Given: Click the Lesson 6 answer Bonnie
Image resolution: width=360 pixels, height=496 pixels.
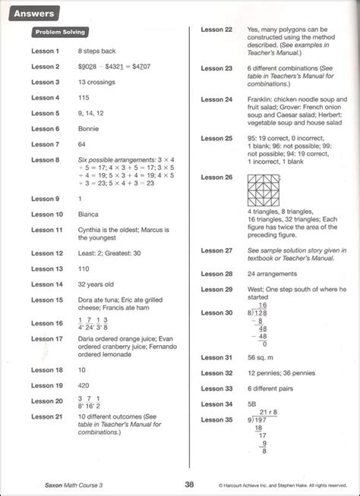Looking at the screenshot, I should pyautogui.click(x=88, y=129).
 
